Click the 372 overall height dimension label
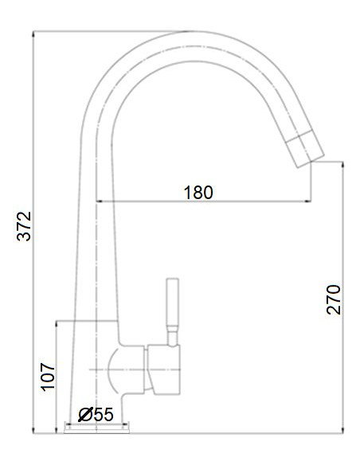tap(25, 227)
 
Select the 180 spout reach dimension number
tap(198, 192)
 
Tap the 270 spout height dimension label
tap(334, 299)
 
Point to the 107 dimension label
tap(48, 376)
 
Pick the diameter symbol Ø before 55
tap(85, 415)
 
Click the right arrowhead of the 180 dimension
tap(306, 201)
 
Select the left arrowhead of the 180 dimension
tap(100, 201)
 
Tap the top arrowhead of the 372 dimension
tap(33, 36)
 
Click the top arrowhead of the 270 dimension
tap(342, 166)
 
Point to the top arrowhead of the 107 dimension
tap(57, 325)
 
